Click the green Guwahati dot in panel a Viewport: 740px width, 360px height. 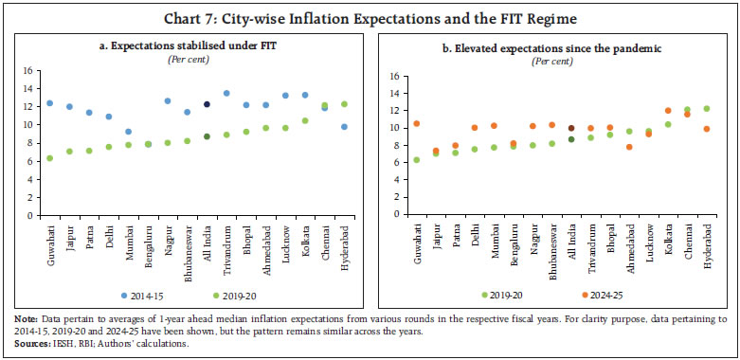pos(49,158)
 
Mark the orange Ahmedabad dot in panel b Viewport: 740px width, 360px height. pos(629,147)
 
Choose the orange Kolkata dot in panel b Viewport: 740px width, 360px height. pos(669,110)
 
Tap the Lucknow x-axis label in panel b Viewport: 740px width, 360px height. pos(649,240)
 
